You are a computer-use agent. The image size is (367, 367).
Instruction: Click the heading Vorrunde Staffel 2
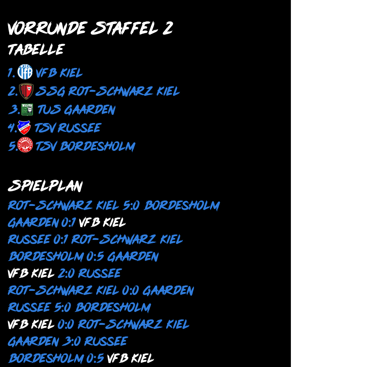[x=90, y=28]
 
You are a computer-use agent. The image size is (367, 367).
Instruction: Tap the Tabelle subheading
[x=36, y=50]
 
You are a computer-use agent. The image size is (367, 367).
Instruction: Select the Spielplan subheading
[x=45, y=186]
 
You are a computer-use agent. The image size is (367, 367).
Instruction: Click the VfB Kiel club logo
[x=25, y=72]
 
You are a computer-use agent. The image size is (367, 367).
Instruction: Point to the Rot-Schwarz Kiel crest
[x=26, y=91]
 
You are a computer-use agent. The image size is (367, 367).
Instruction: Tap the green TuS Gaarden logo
[x=27, y=109]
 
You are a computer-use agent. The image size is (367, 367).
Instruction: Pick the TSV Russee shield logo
[x=24, y=128]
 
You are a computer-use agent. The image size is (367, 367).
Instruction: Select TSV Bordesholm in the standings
[x=85, y=146]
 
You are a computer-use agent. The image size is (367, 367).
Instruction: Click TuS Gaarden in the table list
[x=76, y=110]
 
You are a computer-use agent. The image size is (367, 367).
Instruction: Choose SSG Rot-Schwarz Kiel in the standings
[x=107, y=91]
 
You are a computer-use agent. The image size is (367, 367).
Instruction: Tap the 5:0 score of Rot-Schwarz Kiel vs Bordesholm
[x=131, y=206]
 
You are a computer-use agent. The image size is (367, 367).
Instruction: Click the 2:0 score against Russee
[x=66, y=273]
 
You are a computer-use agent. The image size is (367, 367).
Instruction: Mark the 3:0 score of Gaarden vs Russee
[x=71, y=341]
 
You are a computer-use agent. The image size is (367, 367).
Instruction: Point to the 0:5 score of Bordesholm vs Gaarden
[x=95, y=257]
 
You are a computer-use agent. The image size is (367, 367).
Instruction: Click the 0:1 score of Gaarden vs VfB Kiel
[x=68, y=223]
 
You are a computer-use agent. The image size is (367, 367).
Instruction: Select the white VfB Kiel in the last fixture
[x=130, y=358]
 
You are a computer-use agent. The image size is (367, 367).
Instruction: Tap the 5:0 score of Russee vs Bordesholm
[x=63, y=307]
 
